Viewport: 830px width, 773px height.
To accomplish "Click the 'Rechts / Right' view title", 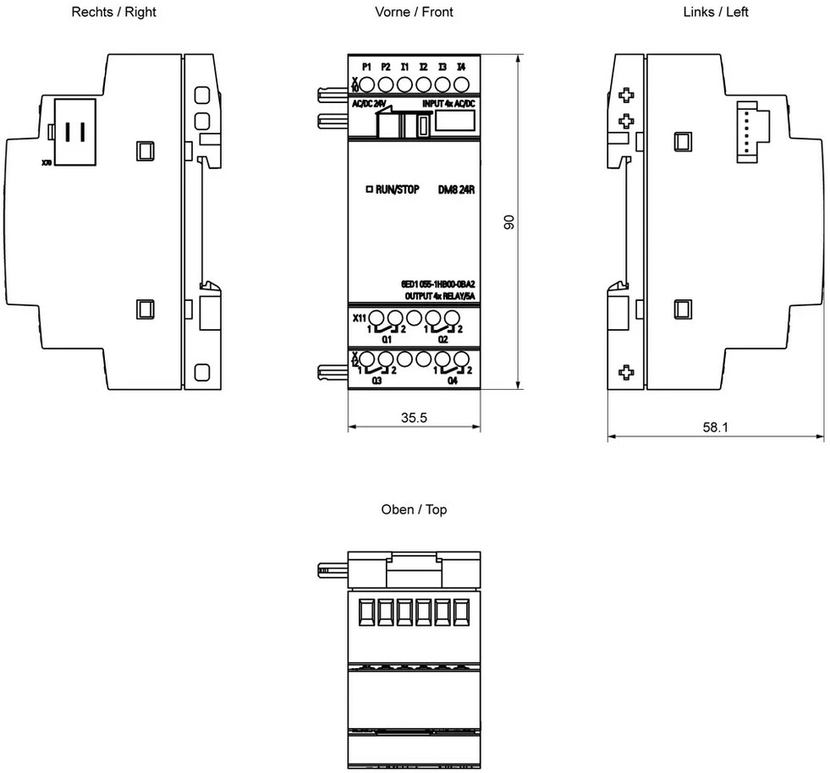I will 114,12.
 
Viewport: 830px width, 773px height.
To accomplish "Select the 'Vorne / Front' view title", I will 415,12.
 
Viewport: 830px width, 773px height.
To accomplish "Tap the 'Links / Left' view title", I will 716,12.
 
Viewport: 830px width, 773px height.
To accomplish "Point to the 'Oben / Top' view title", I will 415,510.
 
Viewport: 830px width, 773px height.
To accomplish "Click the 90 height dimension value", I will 509,222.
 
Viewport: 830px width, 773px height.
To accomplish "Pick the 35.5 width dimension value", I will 415,417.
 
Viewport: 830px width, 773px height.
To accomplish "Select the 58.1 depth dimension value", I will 715,427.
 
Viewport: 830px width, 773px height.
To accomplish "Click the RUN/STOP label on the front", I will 393,189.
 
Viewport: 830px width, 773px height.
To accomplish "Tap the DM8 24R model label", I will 456,189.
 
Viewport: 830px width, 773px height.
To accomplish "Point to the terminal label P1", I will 366,66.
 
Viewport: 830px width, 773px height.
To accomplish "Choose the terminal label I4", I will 460,66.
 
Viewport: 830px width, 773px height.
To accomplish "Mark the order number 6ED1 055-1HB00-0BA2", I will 437,284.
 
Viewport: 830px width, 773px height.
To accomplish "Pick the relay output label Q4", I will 452,381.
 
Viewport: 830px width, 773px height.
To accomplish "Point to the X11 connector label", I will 359,319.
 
